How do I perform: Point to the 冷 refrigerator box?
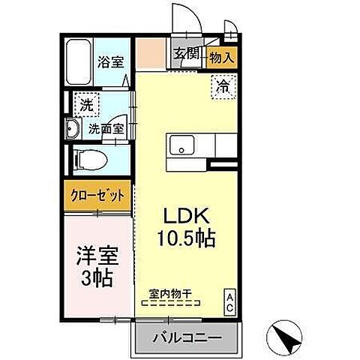click(224, 86)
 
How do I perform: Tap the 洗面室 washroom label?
click(106, 128)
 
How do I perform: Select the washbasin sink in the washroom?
click(73, 129)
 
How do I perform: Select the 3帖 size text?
click(95, 280)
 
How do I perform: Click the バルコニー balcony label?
click(187, 337)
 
